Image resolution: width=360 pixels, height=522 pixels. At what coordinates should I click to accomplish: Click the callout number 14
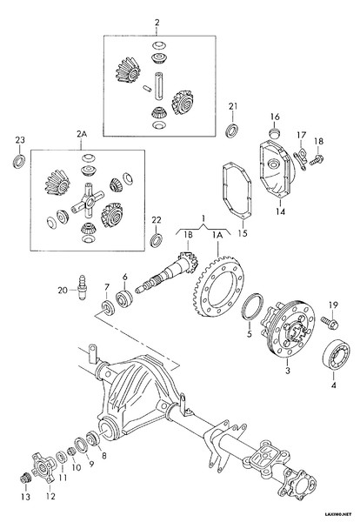pos(281,211)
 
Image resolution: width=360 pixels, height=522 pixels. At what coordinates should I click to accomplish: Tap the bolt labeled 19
pos(330,323)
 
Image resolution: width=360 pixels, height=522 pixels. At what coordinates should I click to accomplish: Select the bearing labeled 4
pos(337,355)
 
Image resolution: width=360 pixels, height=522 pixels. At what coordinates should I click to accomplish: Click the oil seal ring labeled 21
pos(231,130)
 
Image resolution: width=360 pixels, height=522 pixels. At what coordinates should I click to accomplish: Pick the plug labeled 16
pos(275,133)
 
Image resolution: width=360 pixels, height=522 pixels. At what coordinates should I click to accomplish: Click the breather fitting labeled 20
pos(82,287)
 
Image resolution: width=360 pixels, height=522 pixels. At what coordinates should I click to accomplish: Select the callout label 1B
pos(189,235)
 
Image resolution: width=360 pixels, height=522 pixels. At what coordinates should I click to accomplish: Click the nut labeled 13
pos(25,478)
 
